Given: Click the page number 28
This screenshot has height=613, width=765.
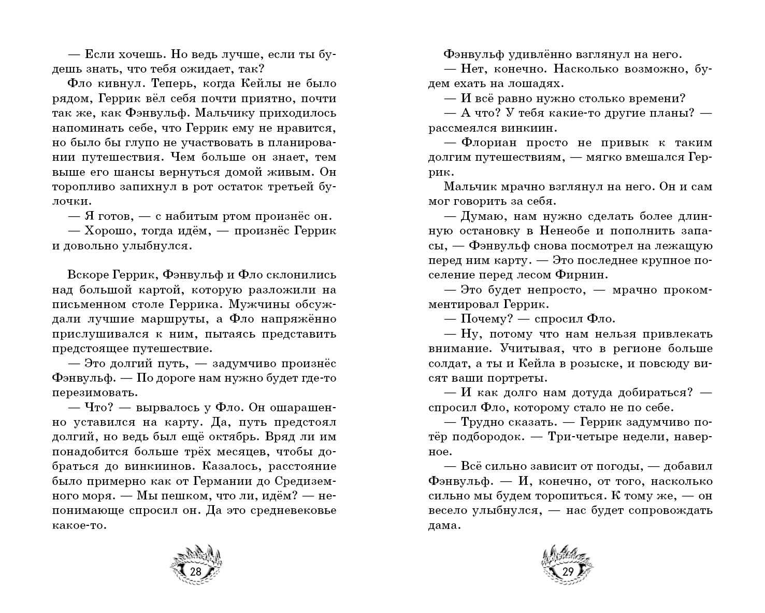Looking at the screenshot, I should tap(196, 572).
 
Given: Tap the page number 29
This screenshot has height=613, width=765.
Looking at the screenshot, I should tap(568, 572).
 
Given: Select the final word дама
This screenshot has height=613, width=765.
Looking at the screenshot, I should tap(444, 525).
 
